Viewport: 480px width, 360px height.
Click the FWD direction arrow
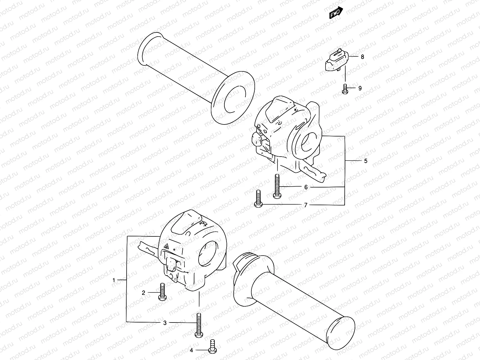pos(336,13)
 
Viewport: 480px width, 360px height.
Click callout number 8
pos(362,56)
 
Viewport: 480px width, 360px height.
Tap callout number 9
pos(360,88)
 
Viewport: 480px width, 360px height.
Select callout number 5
pos(365,161)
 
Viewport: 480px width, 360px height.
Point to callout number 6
pos(306,187)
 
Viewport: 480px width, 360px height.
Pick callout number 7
pos(306,205)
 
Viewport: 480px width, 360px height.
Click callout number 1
pos(114,280)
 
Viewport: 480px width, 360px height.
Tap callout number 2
pos(143,292)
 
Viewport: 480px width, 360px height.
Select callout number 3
pos(165,323)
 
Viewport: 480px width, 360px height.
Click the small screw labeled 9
pos(345,89)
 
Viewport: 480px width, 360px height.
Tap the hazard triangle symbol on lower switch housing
pos(166,247)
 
